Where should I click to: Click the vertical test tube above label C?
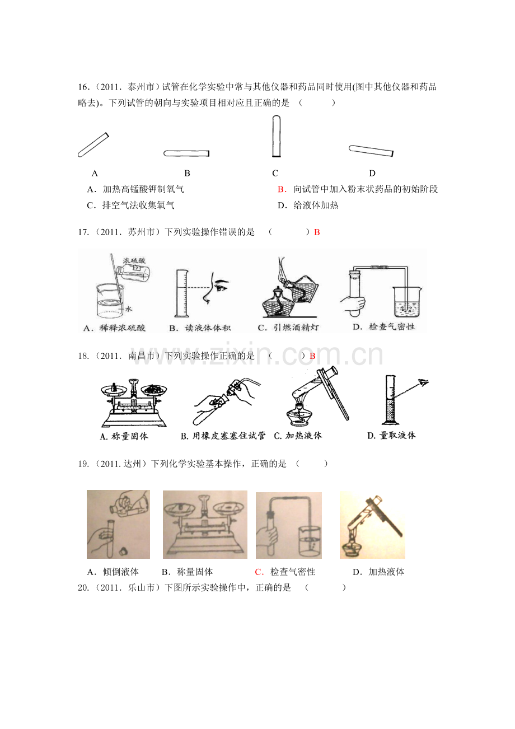(276, 136)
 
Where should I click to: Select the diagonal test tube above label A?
(93, 145)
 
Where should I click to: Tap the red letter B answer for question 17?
(317, 232)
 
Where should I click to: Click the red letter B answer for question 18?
(312, 356)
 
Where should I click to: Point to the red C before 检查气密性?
(259, 572)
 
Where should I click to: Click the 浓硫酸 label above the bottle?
(134, 260)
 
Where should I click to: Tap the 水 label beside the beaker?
(128, 309)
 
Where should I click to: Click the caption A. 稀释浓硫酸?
(114, 328)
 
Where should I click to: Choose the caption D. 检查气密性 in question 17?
(384, 327)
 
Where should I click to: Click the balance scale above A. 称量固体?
(134, 403)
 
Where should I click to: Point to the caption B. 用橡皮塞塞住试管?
(223, 436)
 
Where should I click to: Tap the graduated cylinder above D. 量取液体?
(390, 400)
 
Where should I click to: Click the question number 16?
(83, 87)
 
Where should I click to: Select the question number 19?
(83, 464)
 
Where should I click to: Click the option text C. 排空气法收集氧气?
(130, 205)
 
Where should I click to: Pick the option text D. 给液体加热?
(308, 205)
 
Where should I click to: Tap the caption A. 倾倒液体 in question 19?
(113, 572)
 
